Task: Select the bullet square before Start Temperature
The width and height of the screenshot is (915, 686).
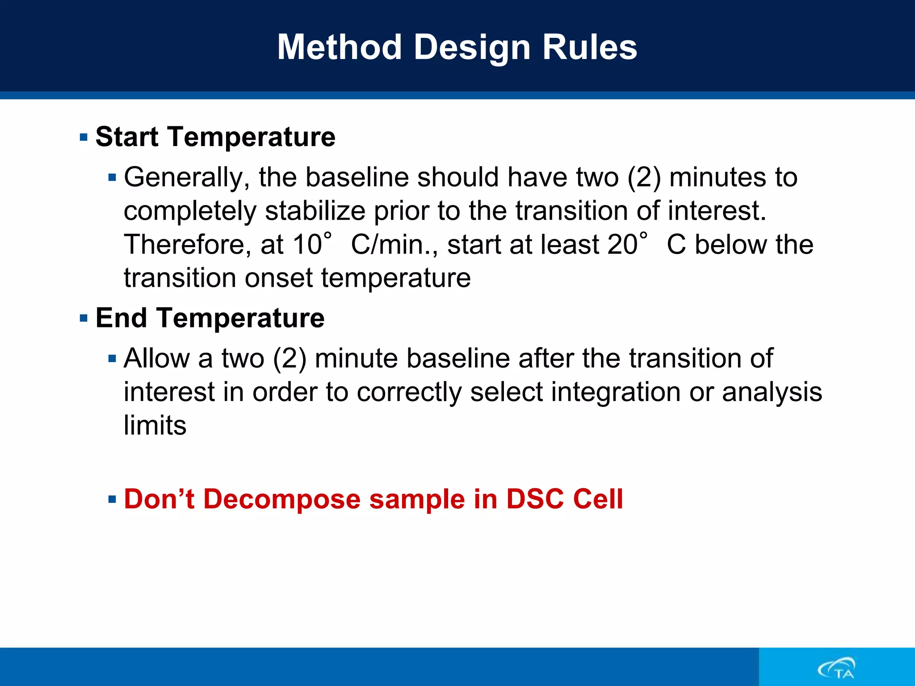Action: [84, 137]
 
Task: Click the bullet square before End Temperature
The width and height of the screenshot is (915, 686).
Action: [84, 318]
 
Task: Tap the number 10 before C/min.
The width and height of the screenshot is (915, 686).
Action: [307, 245]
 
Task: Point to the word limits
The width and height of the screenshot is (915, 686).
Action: [155, 425]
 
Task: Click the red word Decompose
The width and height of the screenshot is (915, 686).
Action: [281, 499]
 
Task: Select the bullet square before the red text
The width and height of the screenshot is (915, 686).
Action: [112, 499]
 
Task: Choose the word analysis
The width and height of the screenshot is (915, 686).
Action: [772, 392]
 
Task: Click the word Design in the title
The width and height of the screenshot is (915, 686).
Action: [472, 47]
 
